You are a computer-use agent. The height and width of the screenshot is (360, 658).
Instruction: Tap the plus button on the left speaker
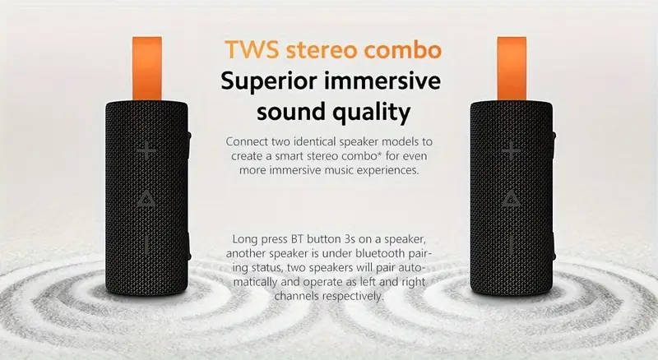pos(146,150)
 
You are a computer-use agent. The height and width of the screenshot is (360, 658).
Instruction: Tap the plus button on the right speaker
pos(511,150)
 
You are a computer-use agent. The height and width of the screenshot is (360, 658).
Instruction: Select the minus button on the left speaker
pos(146,244)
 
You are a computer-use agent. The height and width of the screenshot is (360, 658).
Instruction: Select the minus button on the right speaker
pos(511,244)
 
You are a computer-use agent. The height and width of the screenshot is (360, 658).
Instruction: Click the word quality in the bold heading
pos(373,111)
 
